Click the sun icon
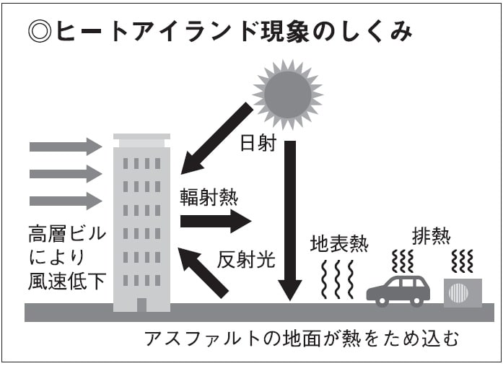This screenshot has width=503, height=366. [287, 94]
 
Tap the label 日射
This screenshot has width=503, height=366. [258, 143]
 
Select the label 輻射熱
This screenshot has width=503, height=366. [209, 197]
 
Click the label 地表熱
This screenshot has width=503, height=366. [339, 243]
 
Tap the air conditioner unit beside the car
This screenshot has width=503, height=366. [462, 292]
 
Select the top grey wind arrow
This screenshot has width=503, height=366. [66, 147]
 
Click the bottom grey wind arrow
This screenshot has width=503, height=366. [66, 201]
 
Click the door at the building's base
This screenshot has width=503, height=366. [141, 305]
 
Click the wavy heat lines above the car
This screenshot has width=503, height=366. [403, 261]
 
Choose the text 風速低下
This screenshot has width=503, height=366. [66, 281]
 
